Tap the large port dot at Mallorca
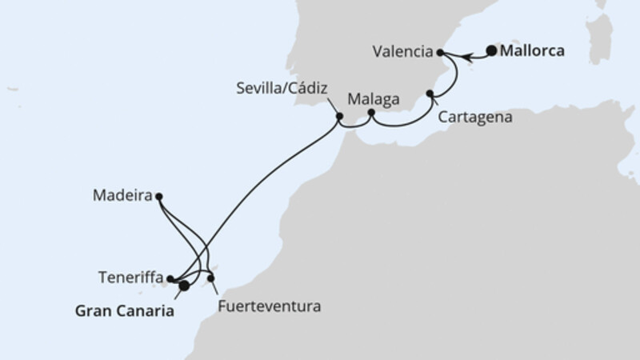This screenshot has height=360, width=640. (490, 51)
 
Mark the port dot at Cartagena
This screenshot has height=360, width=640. (430, 94)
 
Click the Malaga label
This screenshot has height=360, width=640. (370, 100)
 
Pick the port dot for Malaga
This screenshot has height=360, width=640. (371, 114)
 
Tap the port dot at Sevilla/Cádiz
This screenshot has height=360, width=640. (339, 117)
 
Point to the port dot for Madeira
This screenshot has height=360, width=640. (158, 196)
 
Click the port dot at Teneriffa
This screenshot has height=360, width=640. (170, 279)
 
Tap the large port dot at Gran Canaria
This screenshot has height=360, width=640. (184, 285)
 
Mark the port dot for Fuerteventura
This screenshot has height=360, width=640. (211, 278)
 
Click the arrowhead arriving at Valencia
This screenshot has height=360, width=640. (447, 54)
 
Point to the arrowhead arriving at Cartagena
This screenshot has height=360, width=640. (432, 101)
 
